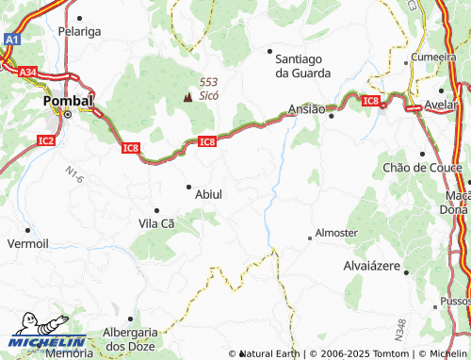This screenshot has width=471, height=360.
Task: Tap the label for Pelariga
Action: [79, 31]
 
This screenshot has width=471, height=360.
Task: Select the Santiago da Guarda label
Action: [302, 65]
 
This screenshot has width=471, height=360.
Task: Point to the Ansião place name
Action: [306, 108]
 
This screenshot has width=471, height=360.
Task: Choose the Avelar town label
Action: [442, 104]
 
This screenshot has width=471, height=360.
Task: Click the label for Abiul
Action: [208, 194]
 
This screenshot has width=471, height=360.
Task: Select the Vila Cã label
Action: [156, 223]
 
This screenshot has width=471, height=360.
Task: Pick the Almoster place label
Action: [336, 232]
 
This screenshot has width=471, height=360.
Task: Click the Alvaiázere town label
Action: [372, 267]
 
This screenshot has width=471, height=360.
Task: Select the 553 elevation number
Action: [209, 81]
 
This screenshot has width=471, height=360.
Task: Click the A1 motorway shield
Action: [10, 41]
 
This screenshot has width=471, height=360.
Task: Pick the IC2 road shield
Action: [46, 141]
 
